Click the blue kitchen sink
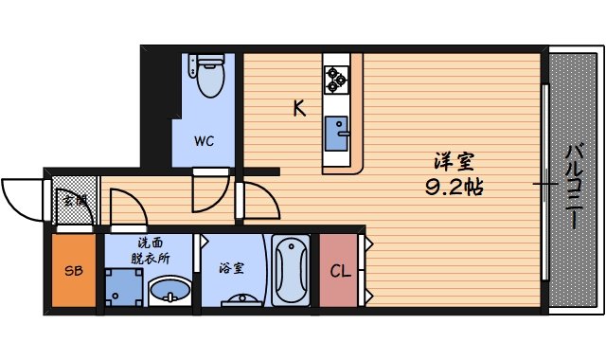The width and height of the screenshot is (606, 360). pos(336,134)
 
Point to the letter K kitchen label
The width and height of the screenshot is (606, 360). pos(298,109)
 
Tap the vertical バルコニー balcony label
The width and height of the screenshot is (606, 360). pos(574,185)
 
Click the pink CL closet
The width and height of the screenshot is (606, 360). pos(339,271)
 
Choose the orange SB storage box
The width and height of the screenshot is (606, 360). pos(73,271)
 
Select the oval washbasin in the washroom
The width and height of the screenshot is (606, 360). pos(169,290)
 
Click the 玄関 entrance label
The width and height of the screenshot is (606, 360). pos(74,201)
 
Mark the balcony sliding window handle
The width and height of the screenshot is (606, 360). pos(544,182)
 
